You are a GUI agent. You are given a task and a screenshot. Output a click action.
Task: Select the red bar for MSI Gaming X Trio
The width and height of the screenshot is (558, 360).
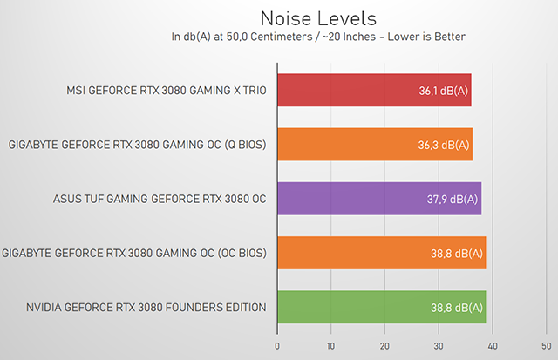(x=373, y=91)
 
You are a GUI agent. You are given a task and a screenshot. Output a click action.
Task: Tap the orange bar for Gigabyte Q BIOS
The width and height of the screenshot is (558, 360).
(x=374, y=145)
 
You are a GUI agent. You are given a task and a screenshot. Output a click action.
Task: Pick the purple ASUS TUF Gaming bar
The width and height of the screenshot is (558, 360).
(x=378, y=199)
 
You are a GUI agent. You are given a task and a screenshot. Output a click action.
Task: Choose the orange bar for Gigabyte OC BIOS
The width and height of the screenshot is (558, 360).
(x=381, y=253)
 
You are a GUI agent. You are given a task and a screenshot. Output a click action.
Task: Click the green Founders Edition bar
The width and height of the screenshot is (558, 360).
(x=381, y=307)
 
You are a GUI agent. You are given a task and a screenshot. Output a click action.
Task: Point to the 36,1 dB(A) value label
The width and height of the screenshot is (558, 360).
(x=442, y=91)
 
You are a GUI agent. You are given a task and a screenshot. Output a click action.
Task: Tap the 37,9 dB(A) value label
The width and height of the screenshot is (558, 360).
(x=453, y=199)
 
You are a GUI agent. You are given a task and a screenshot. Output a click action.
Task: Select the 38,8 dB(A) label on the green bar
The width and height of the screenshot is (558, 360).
(x=457, y=307)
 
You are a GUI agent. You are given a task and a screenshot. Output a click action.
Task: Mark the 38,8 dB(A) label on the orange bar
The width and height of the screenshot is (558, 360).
(x=457, y=253)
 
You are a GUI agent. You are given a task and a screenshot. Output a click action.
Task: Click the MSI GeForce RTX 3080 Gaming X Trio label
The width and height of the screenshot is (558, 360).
(x=166, y=91)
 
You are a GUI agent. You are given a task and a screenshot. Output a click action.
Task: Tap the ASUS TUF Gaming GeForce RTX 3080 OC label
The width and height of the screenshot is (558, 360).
(x=159, y=199)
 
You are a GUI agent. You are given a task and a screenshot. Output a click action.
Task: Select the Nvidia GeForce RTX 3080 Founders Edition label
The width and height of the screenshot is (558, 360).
(x=146, y=307)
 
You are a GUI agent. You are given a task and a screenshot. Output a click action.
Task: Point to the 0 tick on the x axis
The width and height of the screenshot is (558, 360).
(x=276, y=346)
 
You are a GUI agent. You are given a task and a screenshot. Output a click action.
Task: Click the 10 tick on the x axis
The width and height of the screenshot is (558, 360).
(x=330, y=346)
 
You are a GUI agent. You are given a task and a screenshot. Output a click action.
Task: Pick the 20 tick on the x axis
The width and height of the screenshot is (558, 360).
(x=384, y=346)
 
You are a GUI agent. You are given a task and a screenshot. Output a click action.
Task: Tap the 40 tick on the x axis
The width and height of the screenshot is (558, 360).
(x=493, y=346)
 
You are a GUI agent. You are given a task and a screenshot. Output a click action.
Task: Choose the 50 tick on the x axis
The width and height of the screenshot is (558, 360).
(x=547, y=346)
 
